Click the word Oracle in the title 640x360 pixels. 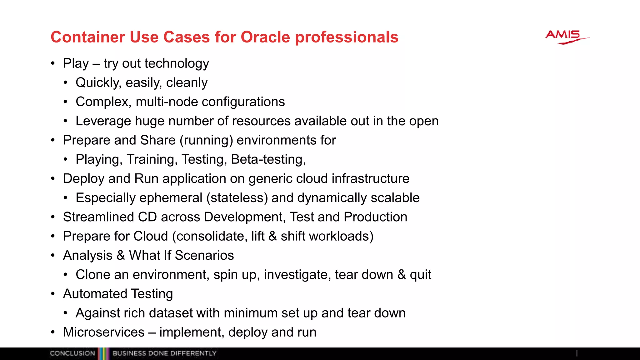pos(265,37)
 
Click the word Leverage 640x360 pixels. pos(103,121)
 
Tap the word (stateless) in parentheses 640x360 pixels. pos(237,198)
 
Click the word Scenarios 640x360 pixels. pos(204,255)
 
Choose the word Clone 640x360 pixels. pos(93,275)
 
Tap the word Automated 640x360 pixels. pos(95,294)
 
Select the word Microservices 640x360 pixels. pos(104,332)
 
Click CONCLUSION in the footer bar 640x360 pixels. pos(72,353)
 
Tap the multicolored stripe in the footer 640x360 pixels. pos(103,354)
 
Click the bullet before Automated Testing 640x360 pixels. pos(53,294)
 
